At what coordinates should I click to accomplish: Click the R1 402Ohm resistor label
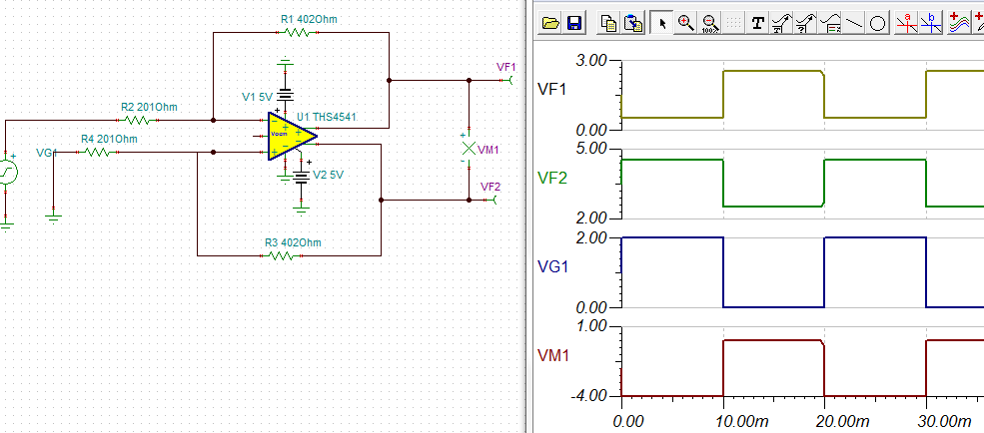tap(300, 18)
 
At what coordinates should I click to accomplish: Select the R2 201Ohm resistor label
tap(149, 107)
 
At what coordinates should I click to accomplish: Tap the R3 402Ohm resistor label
tap(293, 242)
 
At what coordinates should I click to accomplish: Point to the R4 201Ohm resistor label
tap(109, 139)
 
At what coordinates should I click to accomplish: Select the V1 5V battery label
tap(257, 97)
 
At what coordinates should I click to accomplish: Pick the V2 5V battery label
tap(329, 174)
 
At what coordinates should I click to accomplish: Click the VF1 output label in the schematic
tap(504, 67)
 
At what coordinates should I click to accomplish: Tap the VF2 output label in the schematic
tap(491, 187)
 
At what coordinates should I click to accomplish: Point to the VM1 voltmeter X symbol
tap(467, 149)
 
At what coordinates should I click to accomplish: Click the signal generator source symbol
tap(8, 172)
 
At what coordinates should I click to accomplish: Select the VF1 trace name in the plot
tap(552, 90)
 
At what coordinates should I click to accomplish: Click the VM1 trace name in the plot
tap(552, 354)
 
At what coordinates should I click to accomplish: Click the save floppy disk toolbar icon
tap(574, 23)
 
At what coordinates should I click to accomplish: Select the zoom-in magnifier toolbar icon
tap(686, 23)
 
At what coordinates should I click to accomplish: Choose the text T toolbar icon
tap(758, 23)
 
